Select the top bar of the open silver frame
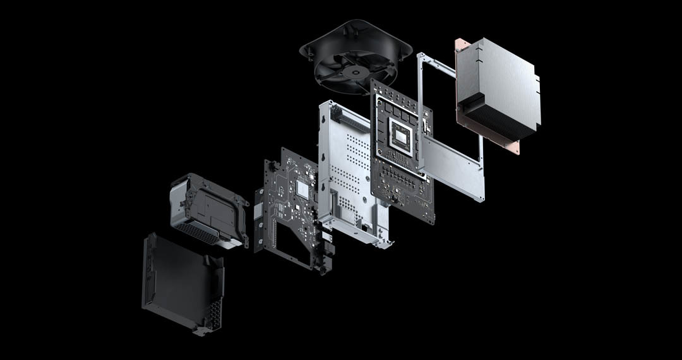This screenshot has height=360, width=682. click(436, 63)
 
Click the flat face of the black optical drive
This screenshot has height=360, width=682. click(180, 278)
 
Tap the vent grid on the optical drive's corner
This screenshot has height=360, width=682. click(213, 316)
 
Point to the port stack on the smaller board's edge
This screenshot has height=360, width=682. click(325, 249)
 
